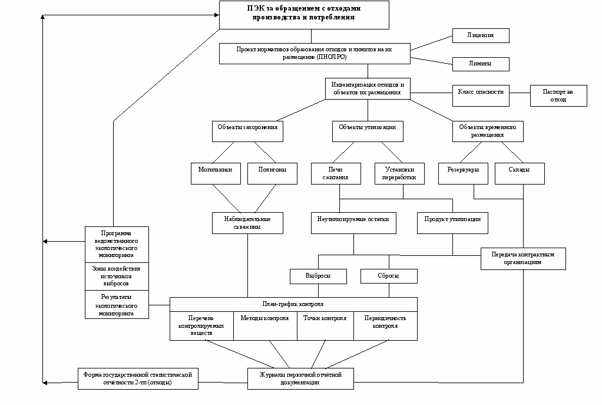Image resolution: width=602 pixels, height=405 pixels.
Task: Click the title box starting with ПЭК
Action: click(304, 14)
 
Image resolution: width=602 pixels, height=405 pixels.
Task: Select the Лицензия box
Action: click(480, 35)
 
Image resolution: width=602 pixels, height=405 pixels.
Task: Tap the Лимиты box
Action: click(480, 64)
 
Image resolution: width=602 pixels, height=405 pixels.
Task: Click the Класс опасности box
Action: click(481, 93)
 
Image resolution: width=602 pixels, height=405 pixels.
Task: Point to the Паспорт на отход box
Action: click(558, 96)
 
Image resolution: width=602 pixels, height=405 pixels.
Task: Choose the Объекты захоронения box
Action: click(247, 131)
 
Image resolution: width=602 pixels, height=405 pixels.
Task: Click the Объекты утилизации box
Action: click(368, 131)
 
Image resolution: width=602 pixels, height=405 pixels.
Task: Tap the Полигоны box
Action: click(272, 173)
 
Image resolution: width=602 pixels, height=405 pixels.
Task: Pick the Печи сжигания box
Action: click(338, 173)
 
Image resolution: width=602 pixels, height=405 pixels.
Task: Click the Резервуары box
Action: click(463, 173)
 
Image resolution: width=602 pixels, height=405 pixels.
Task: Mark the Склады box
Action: click(519, 173)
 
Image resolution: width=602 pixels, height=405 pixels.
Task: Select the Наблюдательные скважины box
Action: click(247, 222)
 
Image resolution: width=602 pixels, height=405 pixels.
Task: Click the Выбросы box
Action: click(318, 276)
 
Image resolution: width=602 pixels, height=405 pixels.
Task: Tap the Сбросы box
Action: click(389, 276)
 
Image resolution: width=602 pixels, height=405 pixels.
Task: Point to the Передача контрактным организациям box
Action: click(523, 258)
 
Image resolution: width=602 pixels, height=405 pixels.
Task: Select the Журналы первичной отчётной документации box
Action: click(300, 378)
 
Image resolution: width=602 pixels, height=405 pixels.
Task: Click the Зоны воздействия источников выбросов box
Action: click(117, 276)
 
